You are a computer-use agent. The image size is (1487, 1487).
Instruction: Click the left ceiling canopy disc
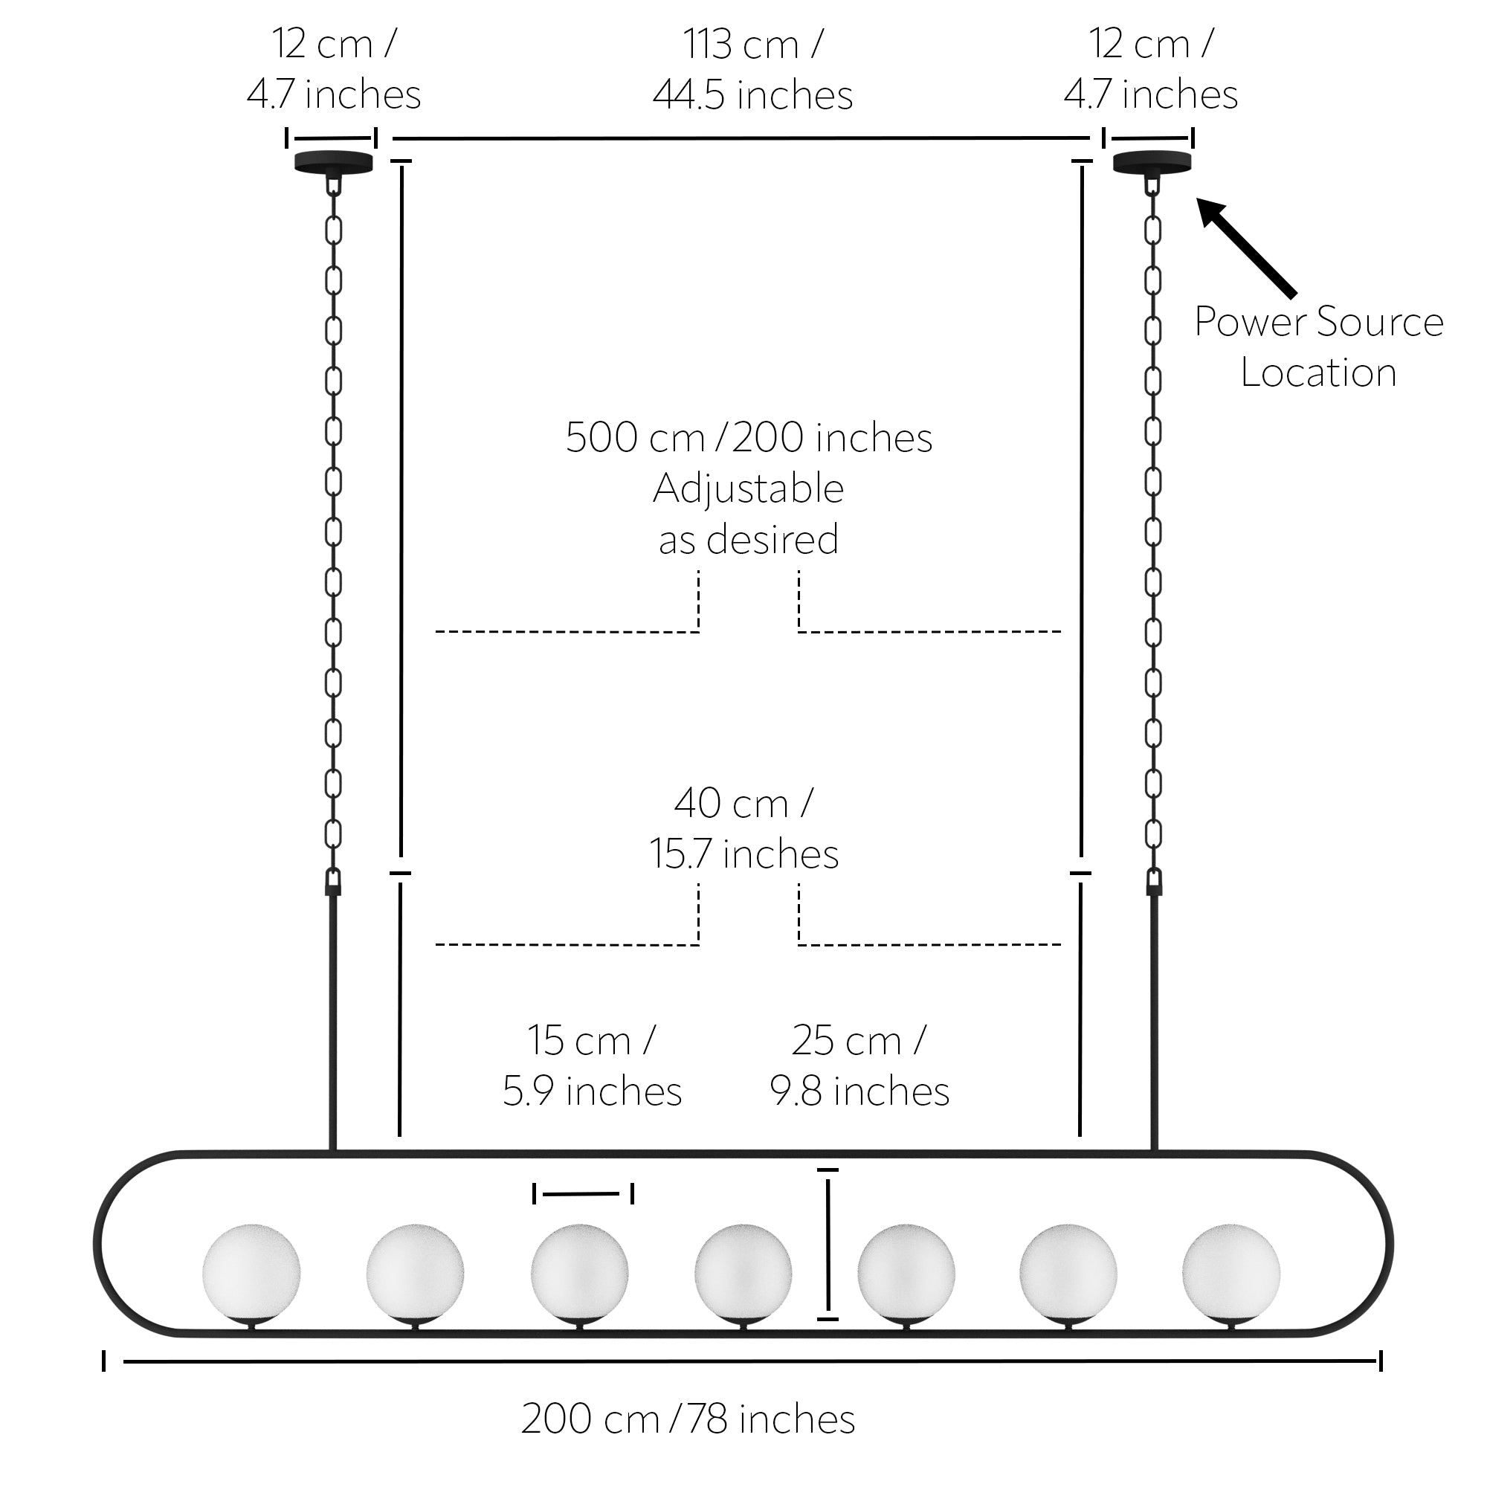334,162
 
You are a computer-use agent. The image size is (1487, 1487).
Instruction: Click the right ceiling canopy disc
1153,162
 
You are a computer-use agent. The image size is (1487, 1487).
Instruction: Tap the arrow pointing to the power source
1246,247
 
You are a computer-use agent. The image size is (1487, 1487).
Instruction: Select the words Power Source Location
1318,347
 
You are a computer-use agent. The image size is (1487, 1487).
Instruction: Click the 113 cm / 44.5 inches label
752,69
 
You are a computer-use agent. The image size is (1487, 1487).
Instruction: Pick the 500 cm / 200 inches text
749,438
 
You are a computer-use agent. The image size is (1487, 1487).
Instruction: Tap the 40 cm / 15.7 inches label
744,829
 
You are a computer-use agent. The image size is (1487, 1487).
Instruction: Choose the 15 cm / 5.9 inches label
592,1066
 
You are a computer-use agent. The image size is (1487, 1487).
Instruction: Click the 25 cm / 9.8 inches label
859,1066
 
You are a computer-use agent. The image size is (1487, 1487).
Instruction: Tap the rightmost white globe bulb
1231,1274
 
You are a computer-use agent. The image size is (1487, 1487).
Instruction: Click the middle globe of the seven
743,1274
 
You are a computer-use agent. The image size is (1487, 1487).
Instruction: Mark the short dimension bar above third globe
584,1194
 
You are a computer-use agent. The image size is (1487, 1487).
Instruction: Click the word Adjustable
749,488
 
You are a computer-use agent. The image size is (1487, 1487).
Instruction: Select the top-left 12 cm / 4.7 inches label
334,69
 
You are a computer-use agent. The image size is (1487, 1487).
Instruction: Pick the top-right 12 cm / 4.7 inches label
1152,69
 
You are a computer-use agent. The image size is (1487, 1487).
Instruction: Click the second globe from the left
415,1274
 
